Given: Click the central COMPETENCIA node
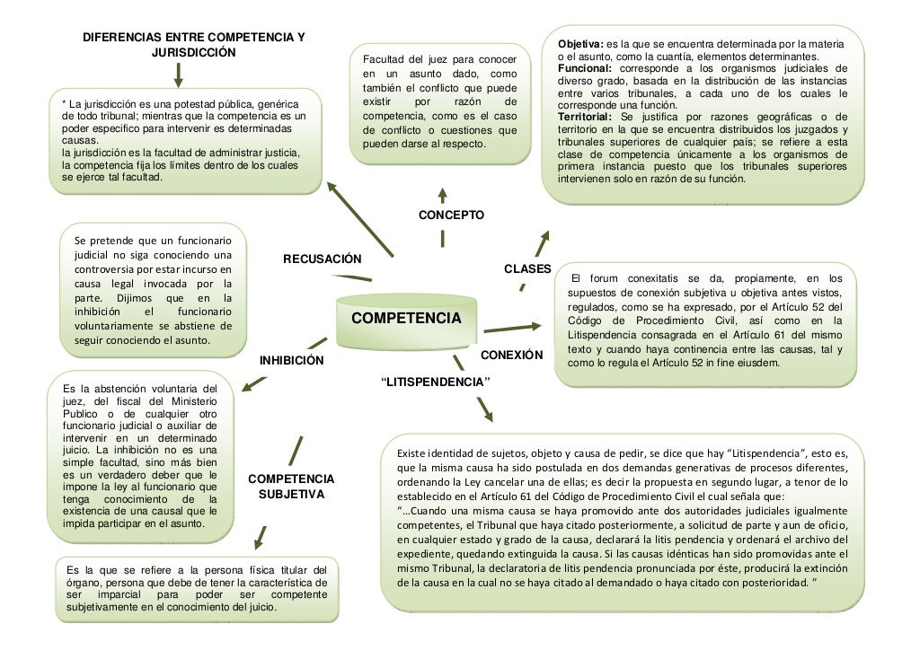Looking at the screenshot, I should click(x=405, y=320).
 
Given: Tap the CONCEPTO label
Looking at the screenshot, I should click(x=452, y=216).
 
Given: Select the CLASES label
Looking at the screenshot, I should click(x=526, y=268).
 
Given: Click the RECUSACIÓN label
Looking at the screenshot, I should click(x=322, y=259).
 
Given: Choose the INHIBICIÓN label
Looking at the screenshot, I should click(x=291, y=361).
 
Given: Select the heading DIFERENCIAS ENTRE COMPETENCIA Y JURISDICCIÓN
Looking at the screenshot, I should click(x=193, y=45).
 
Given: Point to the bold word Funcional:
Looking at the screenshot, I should click(x=585, y=69).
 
